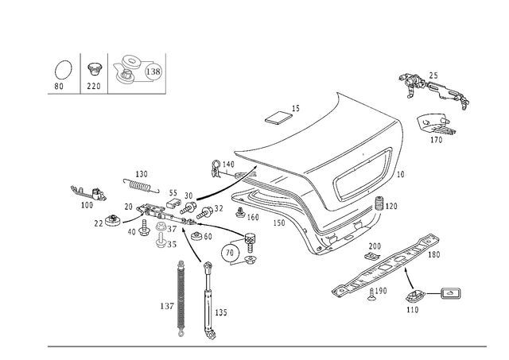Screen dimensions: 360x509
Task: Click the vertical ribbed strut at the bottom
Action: coord(181,298)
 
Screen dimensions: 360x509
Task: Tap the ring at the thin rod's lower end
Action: coord(211,335)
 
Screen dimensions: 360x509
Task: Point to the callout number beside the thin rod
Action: coord(222,312)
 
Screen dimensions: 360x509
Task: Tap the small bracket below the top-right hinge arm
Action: coord(435,126)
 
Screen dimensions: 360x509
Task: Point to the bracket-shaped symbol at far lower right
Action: coord(450,294)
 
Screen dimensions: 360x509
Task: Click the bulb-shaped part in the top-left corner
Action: coord(60,74)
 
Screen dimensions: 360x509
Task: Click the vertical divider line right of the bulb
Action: coord(80,72)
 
